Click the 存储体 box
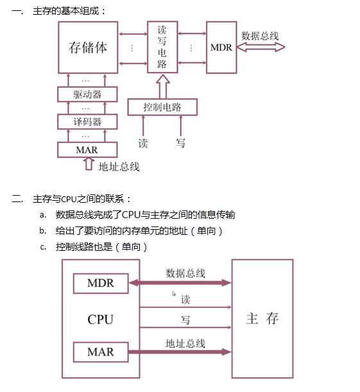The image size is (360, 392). point(87,47)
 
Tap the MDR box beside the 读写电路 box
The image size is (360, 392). point(221,47)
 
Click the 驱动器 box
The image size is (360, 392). point(87,94)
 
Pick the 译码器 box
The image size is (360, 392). point(87,121)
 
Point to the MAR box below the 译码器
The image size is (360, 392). point(87,149)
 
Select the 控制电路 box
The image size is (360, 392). point(162,107)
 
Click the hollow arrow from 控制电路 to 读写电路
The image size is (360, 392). point(162,85)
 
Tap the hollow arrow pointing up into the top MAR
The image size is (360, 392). point(88,165)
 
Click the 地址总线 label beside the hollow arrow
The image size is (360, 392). point(119,167)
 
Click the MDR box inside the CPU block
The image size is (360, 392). point(100,283)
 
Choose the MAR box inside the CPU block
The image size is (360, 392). point(100,352)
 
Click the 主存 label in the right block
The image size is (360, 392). point(262,318)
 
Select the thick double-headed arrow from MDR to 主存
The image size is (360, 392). point(180,282)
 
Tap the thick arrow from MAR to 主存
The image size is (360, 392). point(180,352)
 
